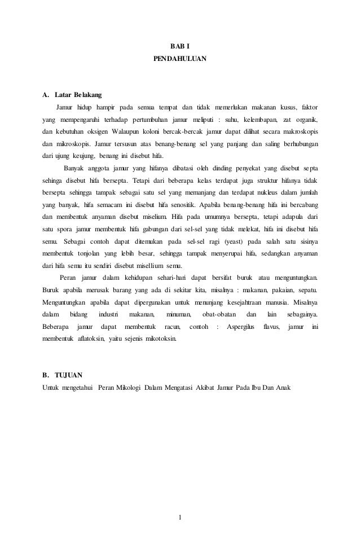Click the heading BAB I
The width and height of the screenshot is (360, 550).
(x=180, y=45)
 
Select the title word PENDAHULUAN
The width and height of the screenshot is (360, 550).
(x=180, y=59)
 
